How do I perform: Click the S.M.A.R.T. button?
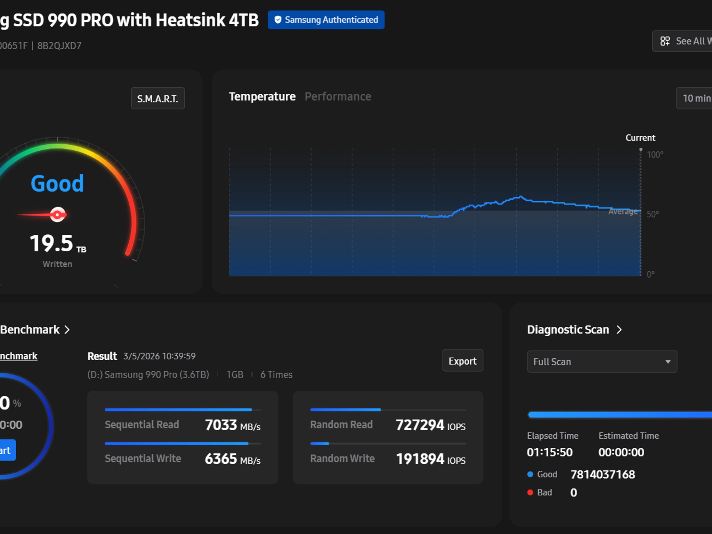pyautogui.click(x=158, y=98)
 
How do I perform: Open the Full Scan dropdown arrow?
pyautogui.click(x=668, y=362)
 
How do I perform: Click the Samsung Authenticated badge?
pyautogui.click(x=326, y=20)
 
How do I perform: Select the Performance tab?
pyautogui.click(x=338, y=97)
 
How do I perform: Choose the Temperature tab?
pyautogui.click(x=262, y=97)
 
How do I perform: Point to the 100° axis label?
pyautogui.click(x=655, y=155)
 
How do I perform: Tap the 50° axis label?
pyautogui.click(x=653, y=214)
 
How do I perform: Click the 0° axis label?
pyautogui.click(x=650, y=274)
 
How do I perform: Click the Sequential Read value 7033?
pyautogui.click(x=221, y=425)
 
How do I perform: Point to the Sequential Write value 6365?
pyautogui.click(x=221, y=459)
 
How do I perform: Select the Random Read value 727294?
pyautogui.click(x=420, y=425)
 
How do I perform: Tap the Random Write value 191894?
pyautogui.click(x=420, y=459)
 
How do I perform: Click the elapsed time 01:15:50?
pyautogui.click(x=550, y=452)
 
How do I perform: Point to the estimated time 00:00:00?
pyautogui.click(x=621, y=452)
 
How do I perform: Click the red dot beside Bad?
pyautogui.click(x=530, y=492)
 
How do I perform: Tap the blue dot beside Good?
pyautogui.click(x=530, y=474)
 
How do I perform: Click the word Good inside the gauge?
pyautogui.click(x=57, y=183)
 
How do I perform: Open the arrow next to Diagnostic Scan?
pyautogui.click(x=619, y=330)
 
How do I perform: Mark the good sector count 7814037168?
pyautogui.click(x=603, y=475)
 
